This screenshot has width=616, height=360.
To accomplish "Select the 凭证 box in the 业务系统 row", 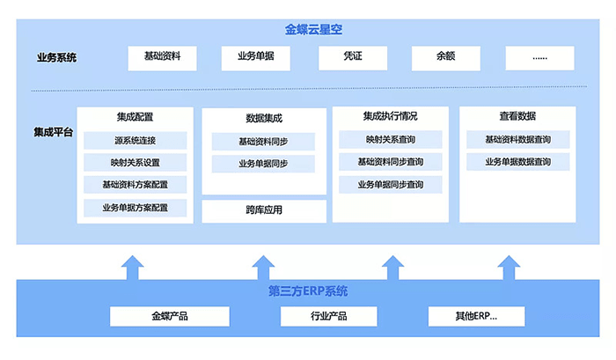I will [352, 57].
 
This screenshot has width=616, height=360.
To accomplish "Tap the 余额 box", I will [446, 57].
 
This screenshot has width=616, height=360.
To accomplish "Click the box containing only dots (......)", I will [539, 57].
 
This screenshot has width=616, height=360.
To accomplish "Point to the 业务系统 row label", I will [56, 58].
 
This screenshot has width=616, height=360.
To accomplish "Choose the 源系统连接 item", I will [135, 141].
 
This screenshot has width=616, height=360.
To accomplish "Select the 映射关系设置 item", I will [135, 163].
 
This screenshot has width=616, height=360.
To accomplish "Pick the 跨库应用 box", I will [263, 211].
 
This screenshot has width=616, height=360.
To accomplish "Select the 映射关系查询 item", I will [390, 140].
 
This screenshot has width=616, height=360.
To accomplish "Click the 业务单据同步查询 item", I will [390, 185].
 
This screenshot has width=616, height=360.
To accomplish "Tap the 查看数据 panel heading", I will [517, 116].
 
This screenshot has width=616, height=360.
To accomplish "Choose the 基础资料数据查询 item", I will [517, 140].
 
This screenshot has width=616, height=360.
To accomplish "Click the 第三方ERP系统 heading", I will [307, 291].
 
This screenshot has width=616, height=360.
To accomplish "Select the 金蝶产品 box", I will [169, 316].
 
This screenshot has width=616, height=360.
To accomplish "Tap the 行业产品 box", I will [328, 316].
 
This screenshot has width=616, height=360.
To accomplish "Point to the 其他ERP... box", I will [476, 316].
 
